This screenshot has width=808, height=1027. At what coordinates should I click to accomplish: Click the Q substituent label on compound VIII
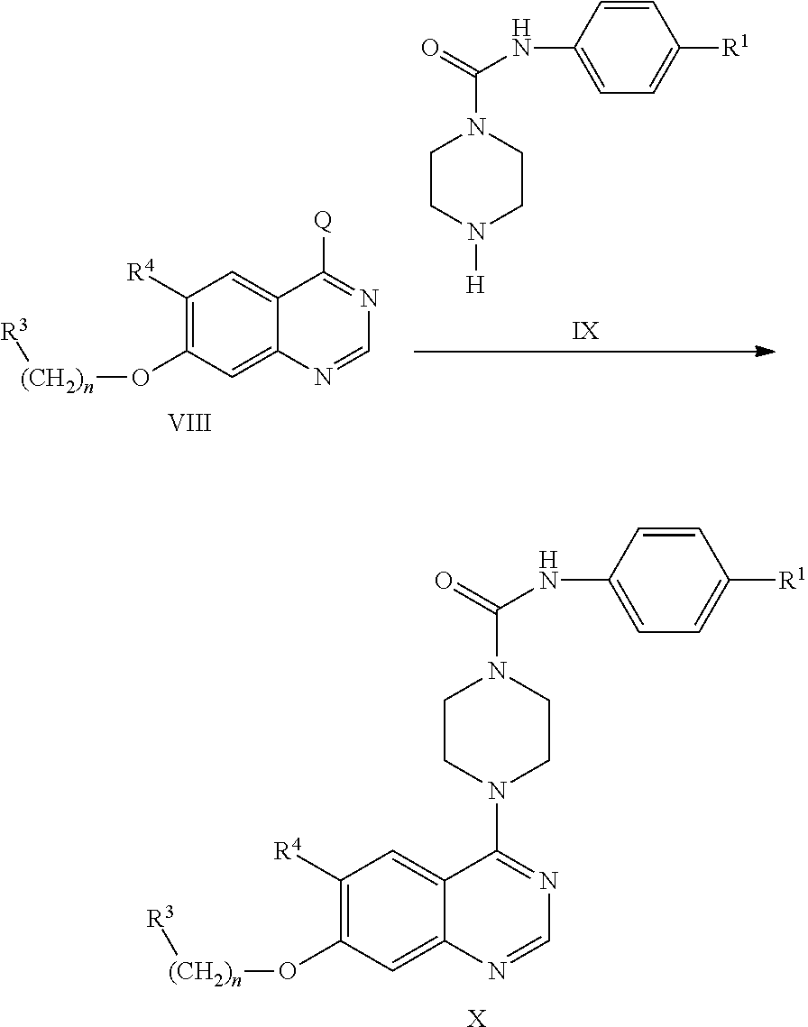pos(323,222)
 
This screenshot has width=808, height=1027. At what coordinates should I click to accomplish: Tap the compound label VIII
pos(190,423)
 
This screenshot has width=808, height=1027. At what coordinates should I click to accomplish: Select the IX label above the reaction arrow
pos(586,332)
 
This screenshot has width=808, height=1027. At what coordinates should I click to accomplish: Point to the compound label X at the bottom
pos(478,1018)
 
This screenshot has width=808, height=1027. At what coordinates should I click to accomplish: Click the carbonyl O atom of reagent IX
pos(430,49)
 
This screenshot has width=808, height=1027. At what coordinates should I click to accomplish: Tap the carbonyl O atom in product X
pos(444,581)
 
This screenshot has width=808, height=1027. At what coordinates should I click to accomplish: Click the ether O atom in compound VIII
pos(141,379)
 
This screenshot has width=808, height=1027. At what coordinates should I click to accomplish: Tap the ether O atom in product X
pos(287,968)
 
